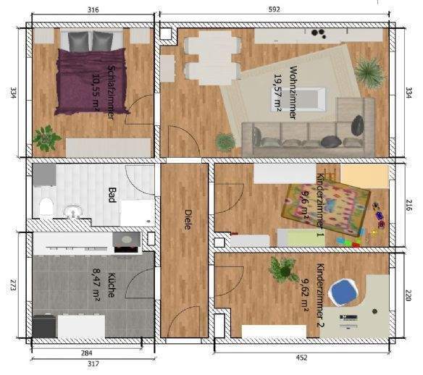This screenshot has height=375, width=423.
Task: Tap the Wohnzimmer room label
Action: point(295,86)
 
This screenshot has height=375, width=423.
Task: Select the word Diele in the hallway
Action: point(187,219)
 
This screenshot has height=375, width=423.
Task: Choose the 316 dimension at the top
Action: point(93,9)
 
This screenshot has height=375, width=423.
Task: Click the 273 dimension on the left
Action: point(11,286)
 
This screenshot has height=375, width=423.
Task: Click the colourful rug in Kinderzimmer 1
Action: point(326,206)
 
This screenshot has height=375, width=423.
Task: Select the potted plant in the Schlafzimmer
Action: point(47,136)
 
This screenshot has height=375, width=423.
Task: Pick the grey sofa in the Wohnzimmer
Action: point(304,134)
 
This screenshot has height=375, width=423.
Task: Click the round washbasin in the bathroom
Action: point(72,212)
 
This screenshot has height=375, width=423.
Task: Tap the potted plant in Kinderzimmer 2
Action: point(282,269)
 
